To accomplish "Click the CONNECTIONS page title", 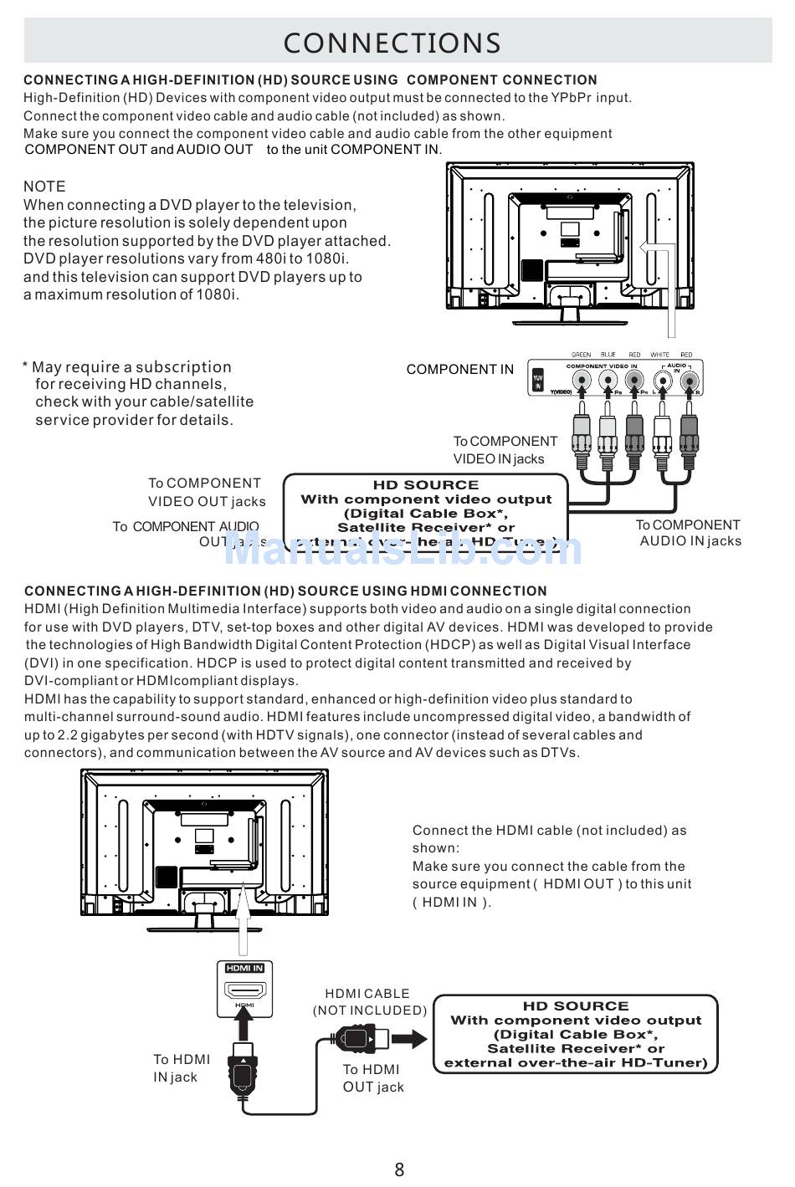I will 392,43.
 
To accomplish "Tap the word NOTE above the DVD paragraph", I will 44,187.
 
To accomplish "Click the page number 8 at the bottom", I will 399,1169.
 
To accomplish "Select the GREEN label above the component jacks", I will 581,355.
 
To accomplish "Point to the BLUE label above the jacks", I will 608,355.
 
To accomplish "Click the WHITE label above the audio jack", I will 659,355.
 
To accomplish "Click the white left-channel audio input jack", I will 663,381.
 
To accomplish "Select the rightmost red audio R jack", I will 690,381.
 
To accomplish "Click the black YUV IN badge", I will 538,381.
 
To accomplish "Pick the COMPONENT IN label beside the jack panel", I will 460,369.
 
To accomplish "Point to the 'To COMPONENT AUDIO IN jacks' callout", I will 689,533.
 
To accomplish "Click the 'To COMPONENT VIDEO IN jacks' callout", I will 505,450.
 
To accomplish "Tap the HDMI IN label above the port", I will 244,968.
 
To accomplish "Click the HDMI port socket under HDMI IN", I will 244,990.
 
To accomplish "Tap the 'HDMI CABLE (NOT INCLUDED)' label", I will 369,1002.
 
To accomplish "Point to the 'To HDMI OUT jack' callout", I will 372,1078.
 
